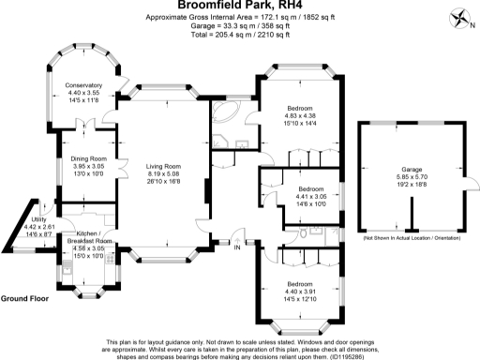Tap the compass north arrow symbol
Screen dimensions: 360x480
tap(456, 17)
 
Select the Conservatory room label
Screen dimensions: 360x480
tap(83, 85)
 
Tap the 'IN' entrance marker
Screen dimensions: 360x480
tap(237, 248)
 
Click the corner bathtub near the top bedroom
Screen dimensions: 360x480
tap(224, 117)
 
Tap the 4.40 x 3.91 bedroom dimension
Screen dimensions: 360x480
tap(300, 291)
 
